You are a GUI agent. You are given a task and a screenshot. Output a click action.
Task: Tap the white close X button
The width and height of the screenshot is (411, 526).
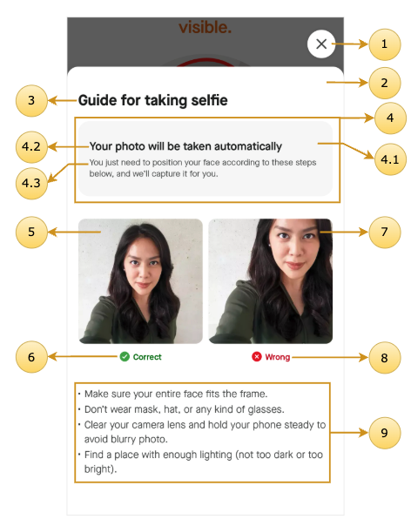[321, 44]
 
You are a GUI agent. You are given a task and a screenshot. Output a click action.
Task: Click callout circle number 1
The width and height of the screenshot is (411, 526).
[385, 44]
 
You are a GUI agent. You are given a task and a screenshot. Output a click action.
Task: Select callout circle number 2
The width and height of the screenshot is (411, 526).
[385, 84]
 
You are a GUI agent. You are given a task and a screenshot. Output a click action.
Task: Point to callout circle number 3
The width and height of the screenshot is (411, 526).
[31, 101]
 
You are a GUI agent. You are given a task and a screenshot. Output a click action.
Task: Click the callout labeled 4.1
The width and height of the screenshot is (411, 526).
[390, 159]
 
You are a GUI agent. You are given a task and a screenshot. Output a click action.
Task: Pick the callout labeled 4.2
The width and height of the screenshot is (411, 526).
[31, 147]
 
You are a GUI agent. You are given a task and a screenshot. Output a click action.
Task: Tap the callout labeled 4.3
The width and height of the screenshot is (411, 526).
[31, 184]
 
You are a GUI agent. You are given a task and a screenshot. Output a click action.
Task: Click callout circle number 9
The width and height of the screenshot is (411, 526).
[385, 433]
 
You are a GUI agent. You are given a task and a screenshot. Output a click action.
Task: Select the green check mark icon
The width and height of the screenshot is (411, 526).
[125, 356]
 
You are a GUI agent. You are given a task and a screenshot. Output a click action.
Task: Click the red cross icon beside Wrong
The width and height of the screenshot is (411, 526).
[257, 356]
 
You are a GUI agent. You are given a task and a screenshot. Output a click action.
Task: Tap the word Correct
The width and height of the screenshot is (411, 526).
[147, 357]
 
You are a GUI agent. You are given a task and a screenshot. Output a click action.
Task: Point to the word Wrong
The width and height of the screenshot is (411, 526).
[278, 357]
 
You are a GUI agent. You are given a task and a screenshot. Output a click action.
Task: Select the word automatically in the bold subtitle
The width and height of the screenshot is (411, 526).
[248, 146]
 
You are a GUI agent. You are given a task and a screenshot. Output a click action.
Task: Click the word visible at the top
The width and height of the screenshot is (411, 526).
[205, 27]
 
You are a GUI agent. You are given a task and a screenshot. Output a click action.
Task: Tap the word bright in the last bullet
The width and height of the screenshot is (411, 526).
[99, 469]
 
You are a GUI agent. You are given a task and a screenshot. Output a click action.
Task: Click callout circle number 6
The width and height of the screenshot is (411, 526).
[31, 357]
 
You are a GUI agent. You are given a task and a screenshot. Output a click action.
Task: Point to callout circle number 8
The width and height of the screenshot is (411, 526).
[385, 358]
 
